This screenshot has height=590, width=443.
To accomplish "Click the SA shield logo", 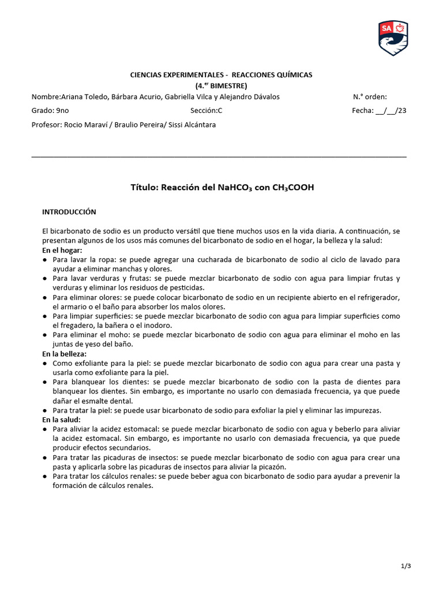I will (x=393, y=38).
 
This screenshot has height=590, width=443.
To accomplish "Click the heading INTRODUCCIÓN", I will (x=69, y=212).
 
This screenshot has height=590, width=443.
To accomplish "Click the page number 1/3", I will (x=406, y=566).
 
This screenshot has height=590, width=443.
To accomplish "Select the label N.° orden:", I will (x=370, y=97).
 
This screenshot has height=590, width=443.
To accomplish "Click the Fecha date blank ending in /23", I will (x=391, y=111).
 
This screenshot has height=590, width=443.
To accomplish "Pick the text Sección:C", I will (x=206, y=111).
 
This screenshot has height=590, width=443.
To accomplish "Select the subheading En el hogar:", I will (x=62, y=251).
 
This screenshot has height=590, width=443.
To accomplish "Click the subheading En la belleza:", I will (x=65, y=354).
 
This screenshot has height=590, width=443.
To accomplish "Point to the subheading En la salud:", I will (x=61, y=419).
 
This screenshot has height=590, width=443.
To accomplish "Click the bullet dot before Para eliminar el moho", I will (x=45, y=335).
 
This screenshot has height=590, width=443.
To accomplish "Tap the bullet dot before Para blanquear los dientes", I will (x=45, y=382).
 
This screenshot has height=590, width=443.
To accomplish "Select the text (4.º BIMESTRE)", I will (x=221, y=85).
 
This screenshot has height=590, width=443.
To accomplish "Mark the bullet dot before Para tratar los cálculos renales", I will (x=45, y=476).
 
